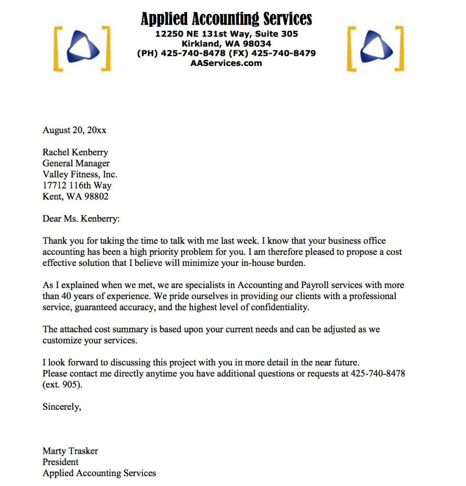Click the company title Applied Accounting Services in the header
point(226,19)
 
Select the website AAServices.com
point(226,63)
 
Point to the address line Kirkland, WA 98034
point(226,44)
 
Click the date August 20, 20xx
point(75,130)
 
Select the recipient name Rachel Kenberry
point(75,152)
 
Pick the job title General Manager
point(76,163)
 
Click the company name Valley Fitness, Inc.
point(80,174)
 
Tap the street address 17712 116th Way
point(77,185)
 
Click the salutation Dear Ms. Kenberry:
point(81,219)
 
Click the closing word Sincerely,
point(62,407)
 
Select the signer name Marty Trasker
point(70,451)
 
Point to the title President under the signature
point(61,462)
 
